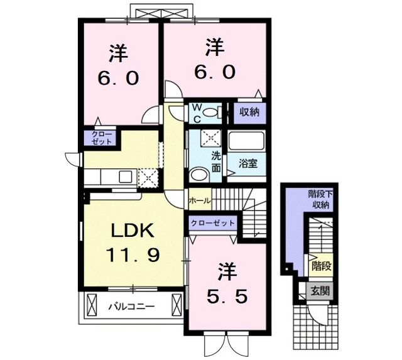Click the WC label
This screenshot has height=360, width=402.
coord(197,113)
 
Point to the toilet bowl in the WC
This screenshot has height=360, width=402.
coord(217,113)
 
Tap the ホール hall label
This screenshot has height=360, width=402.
coord(199,200)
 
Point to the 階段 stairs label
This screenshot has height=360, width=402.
coord(321,266)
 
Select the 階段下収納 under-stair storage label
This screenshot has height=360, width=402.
coord(321,200)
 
